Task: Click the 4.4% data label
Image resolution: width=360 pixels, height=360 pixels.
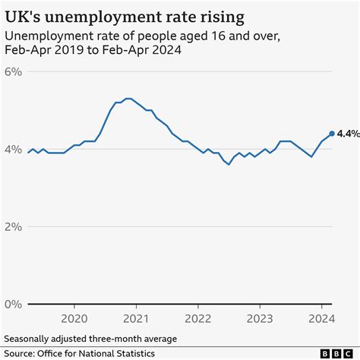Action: [x=349, y=134]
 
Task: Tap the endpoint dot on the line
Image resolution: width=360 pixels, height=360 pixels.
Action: [x=332, y=134]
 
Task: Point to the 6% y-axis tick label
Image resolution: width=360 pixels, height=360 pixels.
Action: [x=14, y=71]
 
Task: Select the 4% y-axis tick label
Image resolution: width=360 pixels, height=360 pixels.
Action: [x=14, y=149]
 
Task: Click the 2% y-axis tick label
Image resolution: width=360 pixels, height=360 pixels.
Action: [x=14, y=226]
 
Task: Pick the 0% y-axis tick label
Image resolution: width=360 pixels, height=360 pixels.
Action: [x=14, y=304]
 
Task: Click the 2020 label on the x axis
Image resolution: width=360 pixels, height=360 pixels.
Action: [x=74, y=319]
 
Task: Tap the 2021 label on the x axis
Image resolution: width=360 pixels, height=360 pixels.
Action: [x=136, y=319]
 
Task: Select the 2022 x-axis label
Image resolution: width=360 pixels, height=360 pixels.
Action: [x=198, y=319]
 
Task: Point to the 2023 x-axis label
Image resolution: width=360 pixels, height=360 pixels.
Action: [x=260, y=319]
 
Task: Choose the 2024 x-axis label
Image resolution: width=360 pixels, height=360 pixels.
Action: [x=321, y=319]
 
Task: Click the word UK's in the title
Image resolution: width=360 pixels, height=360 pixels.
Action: [x=22, y=14]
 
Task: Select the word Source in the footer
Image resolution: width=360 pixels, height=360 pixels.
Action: [x=21, y=353]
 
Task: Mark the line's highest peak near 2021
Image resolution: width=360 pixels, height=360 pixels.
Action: [x=128, y=98]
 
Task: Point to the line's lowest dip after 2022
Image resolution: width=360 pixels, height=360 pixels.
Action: [x=228, y=164]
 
